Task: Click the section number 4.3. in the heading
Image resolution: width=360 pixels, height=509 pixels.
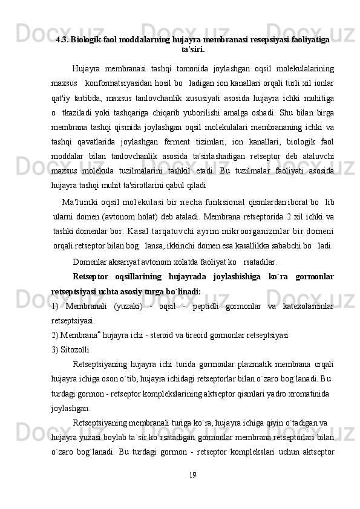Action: tap(62, 40)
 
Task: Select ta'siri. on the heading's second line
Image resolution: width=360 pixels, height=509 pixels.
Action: tap(192, 49)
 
